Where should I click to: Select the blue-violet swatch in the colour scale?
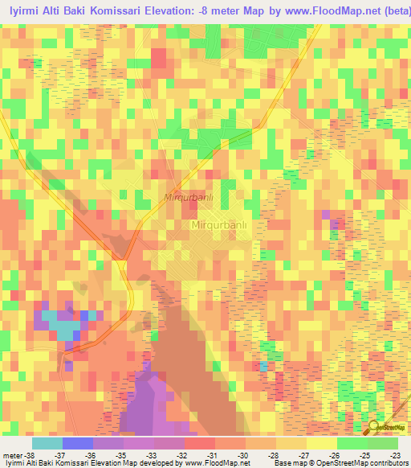tap(77, 444)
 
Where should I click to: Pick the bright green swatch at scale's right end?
tap(383, 444)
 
